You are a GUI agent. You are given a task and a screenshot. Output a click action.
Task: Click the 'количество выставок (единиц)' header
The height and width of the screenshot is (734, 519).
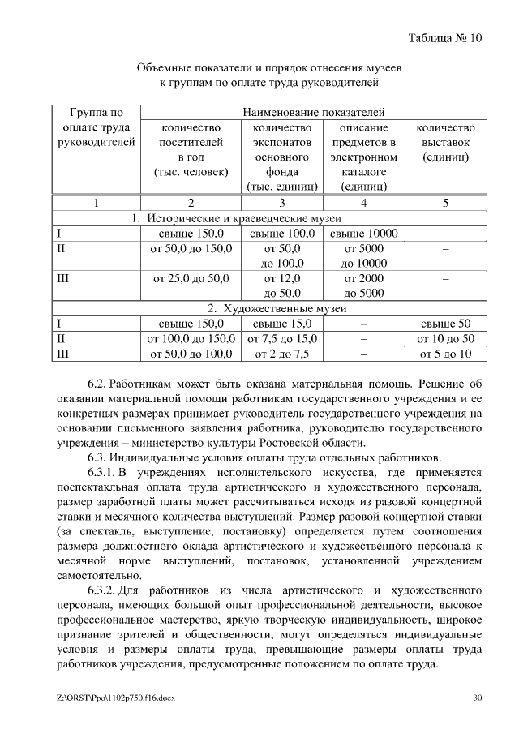pyautogui.click(x=445, y=142)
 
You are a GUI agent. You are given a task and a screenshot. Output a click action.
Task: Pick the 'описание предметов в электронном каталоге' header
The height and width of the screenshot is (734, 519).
pyautogui.click(x=363, y=157)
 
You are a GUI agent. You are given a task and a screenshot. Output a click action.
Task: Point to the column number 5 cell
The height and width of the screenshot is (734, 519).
pyautogui.click(x=445, y=203)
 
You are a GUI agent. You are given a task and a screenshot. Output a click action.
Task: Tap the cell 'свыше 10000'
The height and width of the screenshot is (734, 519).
pyautogui.click(x=363, y=234)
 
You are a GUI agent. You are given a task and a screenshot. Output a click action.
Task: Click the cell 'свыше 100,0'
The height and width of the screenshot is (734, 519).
pyautogui.click(x=282, y=234)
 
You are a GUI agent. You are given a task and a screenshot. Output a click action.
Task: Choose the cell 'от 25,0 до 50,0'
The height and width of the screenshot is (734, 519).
pyautogui.click(x=191, y=279)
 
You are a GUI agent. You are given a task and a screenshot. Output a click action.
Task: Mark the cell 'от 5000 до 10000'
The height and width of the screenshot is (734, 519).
pyautogui.click(x=363, y=256)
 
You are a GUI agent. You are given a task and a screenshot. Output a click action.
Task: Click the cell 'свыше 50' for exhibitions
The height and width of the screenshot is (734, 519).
pyautogui.click(x=445, y=324)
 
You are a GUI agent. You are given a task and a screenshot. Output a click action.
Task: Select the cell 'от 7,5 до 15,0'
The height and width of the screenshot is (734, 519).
pyautogui.click(x=282, y=339)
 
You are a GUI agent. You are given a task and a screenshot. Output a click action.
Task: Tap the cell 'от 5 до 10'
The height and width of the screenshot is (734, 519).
pyautogui.click(x=445, y=354)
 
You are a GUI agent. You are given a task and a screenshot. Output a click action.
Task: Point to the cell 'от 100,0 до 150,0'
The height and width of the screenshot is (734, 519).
pyautogui.click(x=191, y=339)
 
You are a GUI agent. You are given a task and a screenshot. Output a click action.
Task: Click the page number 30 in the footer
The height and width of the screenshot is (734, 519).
pyautogui.click(x=478, y=698)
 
